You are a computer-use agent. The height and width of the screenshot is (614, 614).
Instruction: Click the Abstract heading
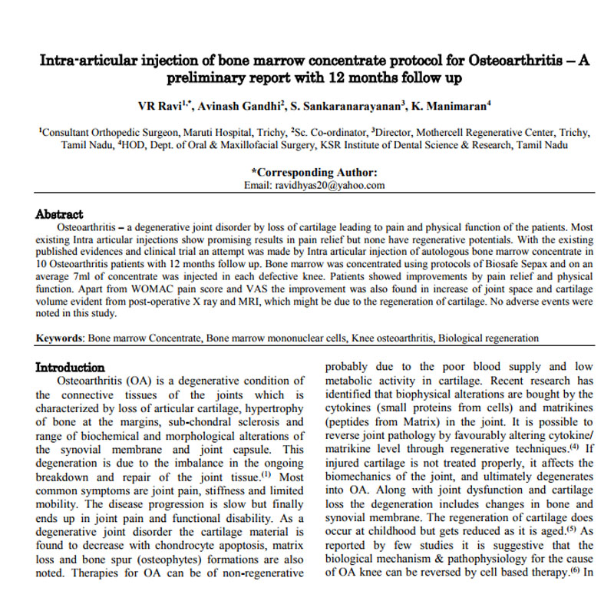[60, 215]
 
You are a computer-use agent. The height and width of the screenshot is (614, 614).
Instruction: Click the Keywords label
[61, 338]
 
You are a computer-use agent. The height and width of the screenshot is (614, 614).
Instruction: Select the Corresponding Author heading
[315, 173]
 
